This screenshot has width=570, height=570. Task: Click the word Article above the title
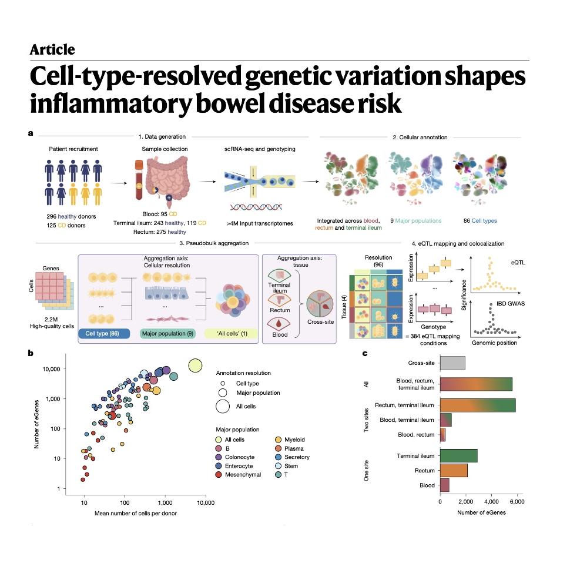coord(52,49)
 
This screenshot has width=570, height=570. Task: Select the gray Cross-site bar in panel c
coord(452,363)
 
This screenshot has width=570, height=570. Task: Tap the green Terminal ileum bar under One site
coord(459,455)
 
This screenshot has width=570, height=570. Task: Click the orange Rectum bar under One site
coord(454,470)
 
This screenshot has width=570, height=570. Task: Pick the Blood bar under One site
coord(445,485)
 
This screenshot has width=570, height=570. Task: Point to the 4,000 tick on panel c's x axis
coord(491,502)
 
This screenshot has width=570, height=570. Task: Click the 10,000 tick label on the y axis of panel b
coord(51,369)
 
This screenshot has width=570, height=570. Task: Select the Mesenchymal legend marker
coord(219,474)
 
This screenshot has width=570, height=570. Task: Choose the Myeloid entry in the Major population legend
coord(290,440)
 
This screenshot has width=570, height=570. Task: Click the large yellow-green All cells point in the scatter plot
coord(195,366)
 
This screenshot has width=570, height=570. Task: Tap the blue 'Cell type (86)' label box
coord(104,333)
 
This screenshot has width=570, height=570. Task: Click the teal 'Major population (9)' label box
coord(167,333)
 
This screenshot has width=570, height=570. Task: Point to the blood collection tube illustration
coord(139,180)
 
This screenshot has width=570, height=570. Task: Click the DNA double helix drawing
coord(256,207)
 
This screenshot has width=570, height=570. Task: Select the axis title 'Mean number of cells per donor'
coord(136,513)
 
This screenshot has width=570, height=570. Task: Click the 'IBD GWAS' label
coord(511,304)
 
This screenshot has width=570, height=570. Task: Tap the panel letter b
coord(31,353)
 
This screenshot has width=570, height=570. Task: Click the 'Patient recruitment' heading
coord(73,149)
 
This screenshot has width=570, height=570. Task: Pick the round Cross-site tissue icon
coord(320,304)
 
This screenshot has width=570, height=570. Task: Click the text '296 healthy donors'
coord(71,216)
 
